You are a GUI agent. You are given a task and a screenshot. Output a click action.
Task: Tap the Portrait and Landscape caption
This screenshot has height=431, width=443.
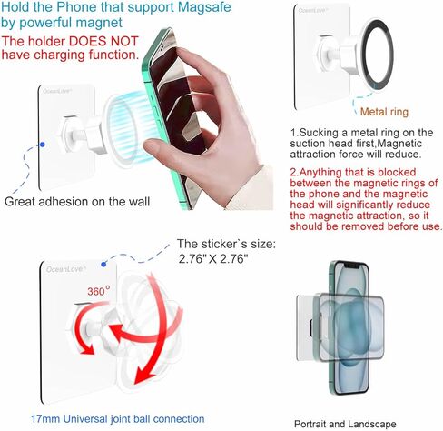(x=345, y=423)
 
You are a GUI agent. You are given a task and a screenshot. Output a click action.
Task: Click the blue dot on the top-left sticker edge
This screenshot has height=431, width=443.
(x=43, y=143)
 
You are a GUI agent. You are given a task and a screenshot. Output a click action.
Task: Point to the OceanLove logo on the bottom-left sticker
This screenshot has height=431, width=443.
(x=62, y=271)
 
